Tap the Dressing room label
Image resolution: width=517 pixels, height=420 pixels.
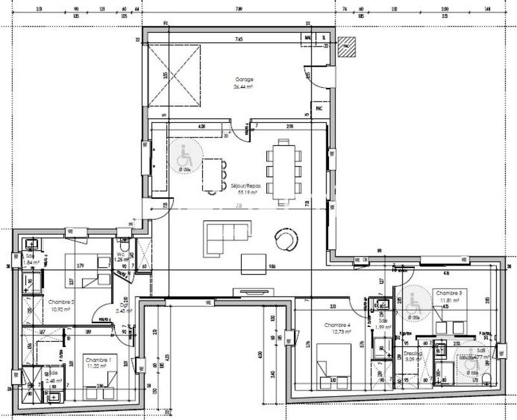click(412, 356)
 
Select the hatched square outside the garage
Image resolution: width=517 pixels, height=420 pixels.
click(348, 45)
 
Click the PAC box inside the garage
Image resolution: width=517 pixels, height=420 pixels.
click(319, 109)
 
